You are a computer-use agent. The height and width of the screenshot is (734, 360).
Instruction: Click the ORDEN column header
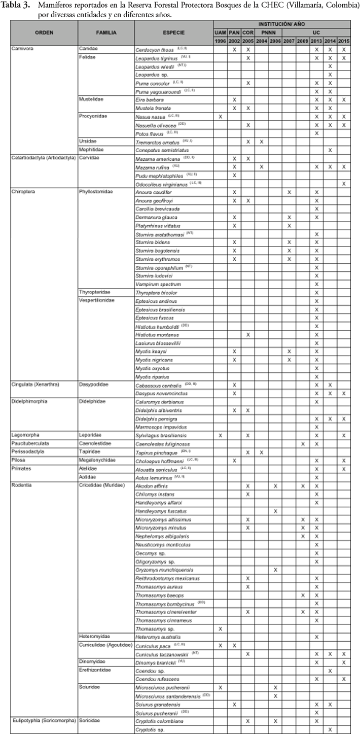click(44, 32)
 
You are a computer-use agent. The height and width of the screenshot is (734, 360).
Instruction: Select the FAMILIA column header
click(106, 32)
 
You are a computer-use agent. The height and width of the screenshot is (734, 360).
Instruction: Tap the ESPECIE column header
click(174, 32)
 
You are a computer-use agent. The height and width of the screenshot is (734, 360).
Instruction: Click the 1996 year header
click(220, 40)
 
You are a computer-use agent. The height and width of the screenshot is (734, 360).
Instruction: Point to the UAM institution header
click(220, 32)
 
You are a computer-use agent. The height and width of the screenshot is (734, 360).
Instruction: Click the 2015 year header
click(344, 40)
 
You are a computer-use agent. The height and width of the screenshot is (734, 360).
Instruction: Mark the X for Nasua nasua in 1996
click(220, 117)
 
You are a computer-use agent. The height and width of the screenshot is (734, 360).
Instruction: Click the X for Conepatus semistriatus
click(330, 150)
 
